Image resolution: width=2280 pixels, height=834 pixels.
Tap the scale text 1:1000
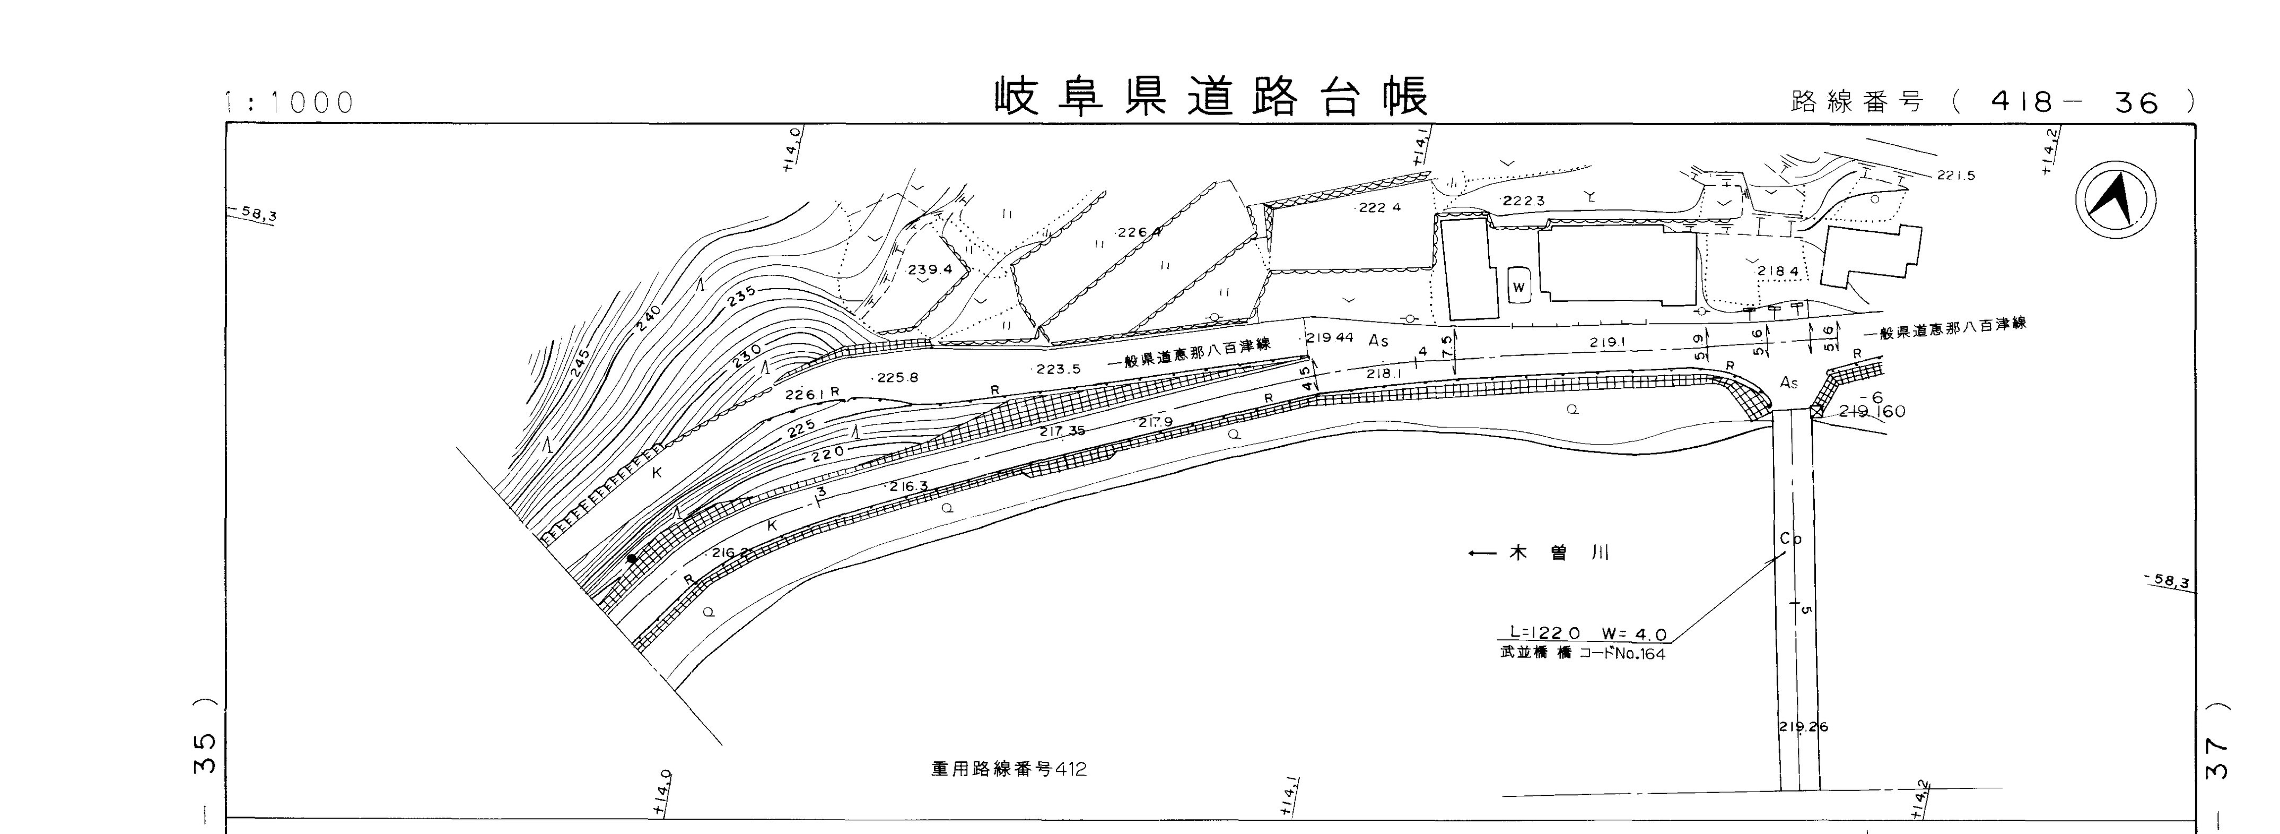pyautogui.click(x=290, y=103)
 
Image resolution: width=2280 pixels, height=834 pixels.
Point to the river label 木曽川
pyautogui.click(x=1558, y=553)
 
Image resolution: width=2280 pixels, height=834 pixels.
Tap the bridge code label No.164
pyautogui.click(x=1637, y=655)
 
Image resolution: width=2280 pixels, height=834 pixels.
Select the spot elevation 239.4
pyautogui.click(x=929, y=269)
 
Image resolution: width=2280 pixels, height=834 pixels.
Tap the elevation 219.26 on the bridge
pyautogui.click(x=1803, y=727)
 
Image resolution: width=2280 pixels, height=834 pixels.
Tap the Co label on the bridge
pyautogui.click(x=1790, y=538)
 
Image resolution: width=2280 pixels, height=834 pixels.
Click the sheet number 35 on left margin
pyautogui.click(x=205, y=752)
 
